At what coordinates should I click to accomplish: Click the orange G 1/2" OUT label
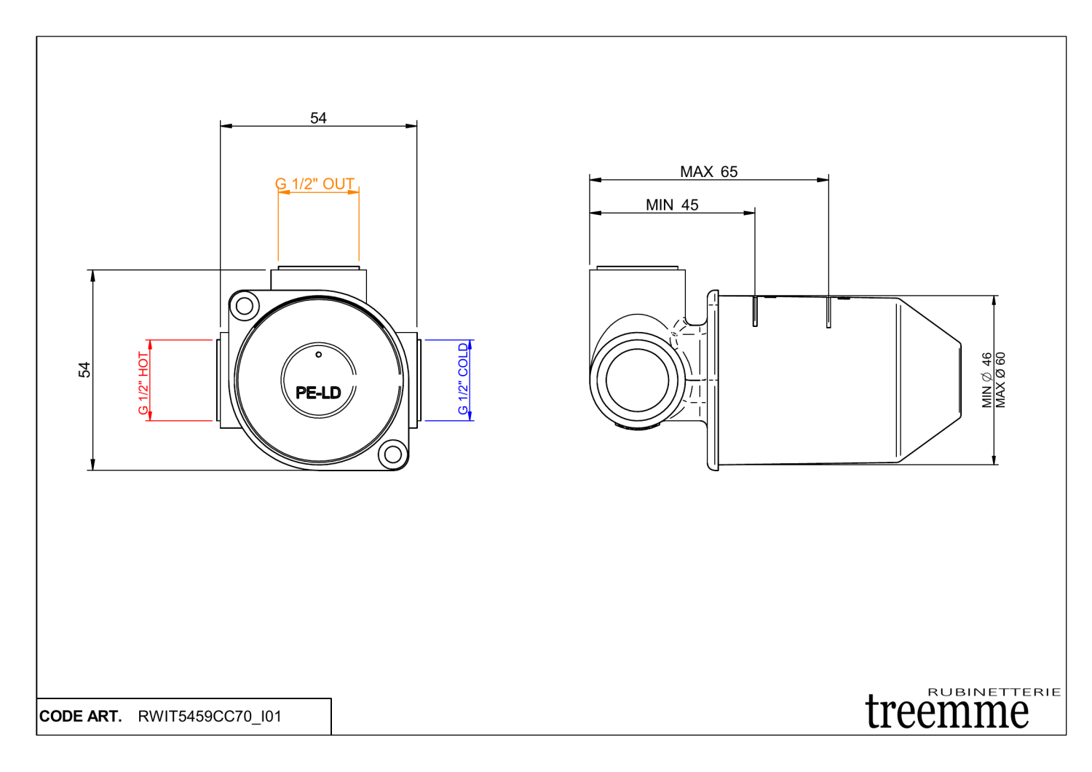[314, 184]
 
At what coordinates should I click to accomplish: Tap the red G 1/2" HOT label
[143, 383]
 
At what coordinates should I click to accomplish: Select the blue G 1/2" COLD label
[463, 379]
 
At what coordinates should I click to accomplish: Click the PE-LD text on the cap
[318, 393]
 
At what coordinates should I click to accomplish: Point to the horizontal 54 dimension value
[318, 118]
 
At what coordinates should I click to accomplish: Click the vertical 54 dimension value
[84, 370]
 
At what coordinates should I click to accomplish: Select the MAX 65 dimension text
[708, 172]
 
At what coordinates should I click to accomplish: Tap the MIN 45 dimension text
[671, 205]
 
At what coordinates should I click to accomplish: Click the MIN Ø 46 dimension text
[986, 380]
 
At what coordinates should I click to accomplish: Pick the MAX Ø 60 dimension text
[1001, 380]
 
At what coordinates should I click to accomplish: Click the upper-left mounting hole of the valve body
[245, 305]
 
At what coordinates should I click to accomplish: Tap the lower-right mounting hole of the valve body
[392, 455]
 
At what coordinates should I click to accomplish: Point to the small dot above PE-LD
[318, 355]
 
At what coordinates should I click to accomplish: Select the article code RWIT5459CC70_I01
[210, 717]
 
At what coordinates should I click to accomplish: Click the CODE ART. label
[80, 717]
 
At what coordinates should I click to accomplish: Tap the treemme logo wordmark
[947, 712]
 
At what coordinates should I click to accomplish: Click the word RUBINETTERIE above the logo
[994, 692]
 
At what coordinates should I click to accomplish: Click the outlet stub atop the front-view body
[318, 278]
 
